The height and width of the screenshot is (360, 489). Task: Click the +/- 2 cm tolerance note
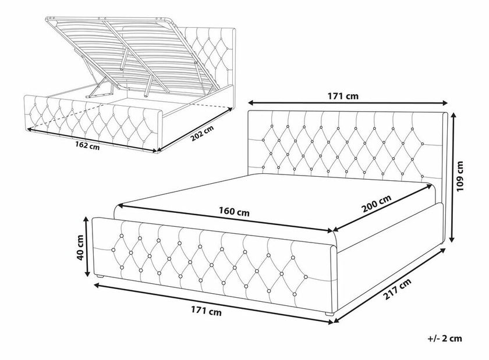coord(445,337)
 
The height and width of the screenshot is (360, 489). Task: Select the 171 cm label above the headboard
coord(346,97)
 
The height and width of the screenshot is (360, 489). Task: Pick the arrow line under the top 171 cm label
coord(347,106)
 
